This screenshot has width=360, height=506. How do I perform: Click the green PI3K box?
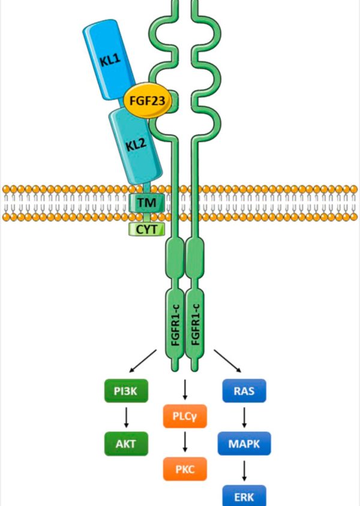coord(127,393)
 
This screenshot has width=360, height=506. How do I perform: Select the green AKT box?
coord(127,444)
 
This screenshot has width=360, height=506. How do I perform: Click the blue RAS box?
coord(245,393)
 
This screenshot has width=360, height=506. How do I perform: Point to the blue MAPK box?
coord(245,444)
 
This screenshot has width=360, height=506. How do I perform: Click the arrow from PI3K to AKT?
coord(127,418)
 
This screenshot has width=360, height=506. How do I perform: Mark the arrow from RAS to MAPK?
coord(245,418)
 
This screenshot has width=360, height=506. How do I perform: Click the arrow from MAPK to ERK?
coord(245,470)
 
